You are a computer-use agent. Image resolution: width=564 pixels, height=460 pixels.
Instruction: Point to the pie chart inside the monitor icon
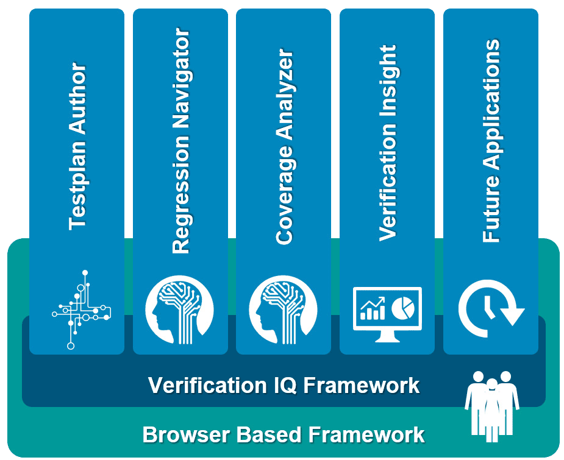pos(402,305)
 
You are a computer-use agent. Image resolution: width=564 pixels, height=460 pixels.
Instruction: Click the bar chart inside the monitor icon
pos(372,309)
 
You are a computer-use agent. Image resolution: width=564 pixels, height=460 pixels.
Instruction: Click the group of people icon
pos(491,402)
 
